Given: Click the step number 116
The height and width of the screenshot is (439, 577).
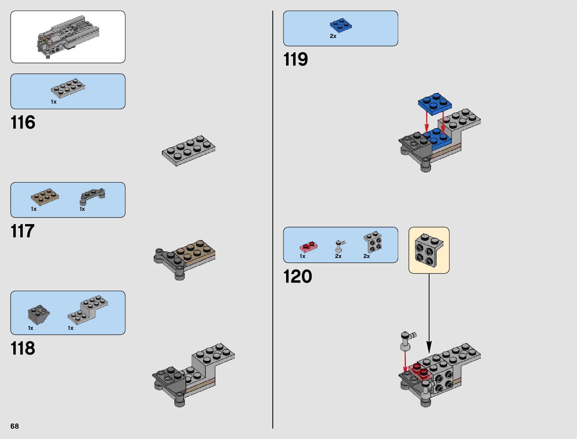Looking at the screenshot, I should click(x=23, y=122).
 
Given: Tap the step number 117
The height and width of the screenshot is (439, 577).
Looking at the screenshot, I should click(x=22, y=231).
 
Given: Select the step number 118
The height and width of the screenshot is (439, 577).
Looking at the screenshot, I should click(x=23, y=348).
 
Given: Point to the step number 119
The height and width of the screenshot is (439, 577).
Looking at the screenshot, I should click(x=296, y=59).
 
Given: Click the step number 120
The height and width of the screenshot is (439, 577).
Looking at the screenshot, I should click(x=298, y=276).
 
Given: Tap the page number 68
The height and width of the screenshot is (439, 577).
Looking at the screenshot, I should click(x=14, y=426).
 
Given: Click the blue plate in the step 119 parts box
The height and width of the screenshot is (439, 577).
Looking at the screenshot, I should click(x=340, y=25).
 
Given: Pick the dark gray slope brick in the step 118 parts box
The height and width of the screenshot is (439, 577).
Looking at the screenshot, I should click(x=38, y=314).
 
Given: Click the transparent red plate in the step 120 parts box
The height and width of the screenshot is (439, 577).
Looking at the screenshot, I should click(x=309, y=247).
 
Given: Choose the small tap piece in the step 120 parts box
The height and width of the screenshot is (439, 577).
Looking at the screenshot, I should click(x=339, y=246).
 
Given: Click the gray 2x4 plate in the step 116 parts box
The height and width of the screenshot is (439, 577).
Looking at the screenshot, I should click(x=68, y=88).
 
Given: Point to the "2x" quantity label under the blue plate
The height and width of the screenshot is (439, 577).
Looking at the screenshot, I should click(x=333, y=36).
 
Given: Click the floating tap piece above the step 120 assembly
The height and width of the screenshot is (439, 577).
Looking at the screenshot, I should click(x=407, y=340).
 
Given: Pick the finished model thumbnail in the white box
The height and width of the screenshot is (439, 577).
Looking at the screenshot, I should click(x=68, y=37).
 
